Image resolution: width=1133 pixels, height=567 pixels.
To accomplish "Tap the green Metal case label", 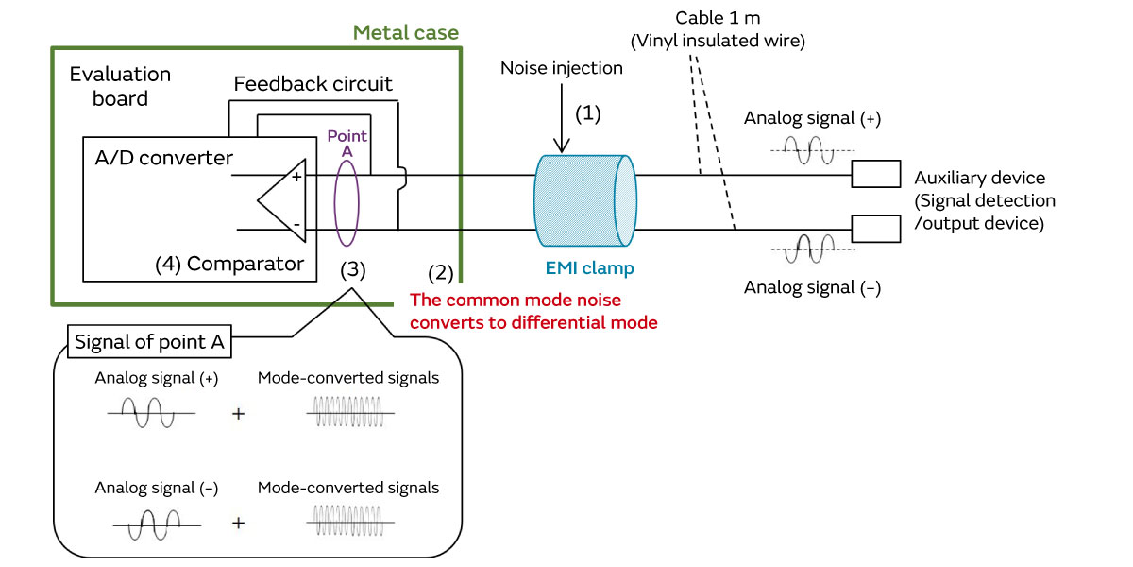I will (x=406, y=33).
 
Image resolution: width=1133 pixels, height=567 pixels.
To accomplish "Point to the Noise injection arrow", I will (x=562, y=118).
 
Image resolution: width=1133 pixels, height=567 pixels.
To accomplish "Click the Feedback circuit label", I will (x=313, y=84).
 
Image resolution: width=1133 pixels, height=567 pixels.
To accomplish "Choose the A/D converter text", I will (x=164, y=158).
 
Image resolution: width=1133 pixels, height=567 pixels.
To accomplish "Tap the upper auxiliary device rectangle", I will (x=875, y=175).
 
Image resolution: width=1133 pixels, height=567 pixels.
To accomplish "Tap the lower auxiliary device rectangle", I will (x=875, y=229).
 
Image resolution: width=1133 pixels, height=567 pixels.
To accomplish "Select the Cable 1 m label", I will (x=718, y=18).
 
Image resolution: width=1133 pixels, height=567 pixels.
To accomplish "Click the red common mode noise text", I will (x=533, y=311).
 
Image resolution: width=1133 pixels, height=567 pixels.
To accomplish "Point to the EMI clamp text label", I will (x=590, y=268).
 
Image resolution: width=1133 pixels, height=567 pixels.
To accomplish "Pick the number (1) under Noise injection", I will (x=587, y=113).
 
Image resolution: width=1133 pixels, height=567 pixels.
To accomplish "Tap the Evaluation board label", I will (x=120, y=86).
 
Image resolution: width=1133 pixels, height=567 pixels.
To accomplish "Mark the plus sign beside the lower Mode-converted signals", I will (x=239, y=522).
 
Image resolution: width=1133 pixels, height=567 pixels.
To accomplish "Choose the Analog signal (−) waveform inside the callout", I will (x=156, y=522).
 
